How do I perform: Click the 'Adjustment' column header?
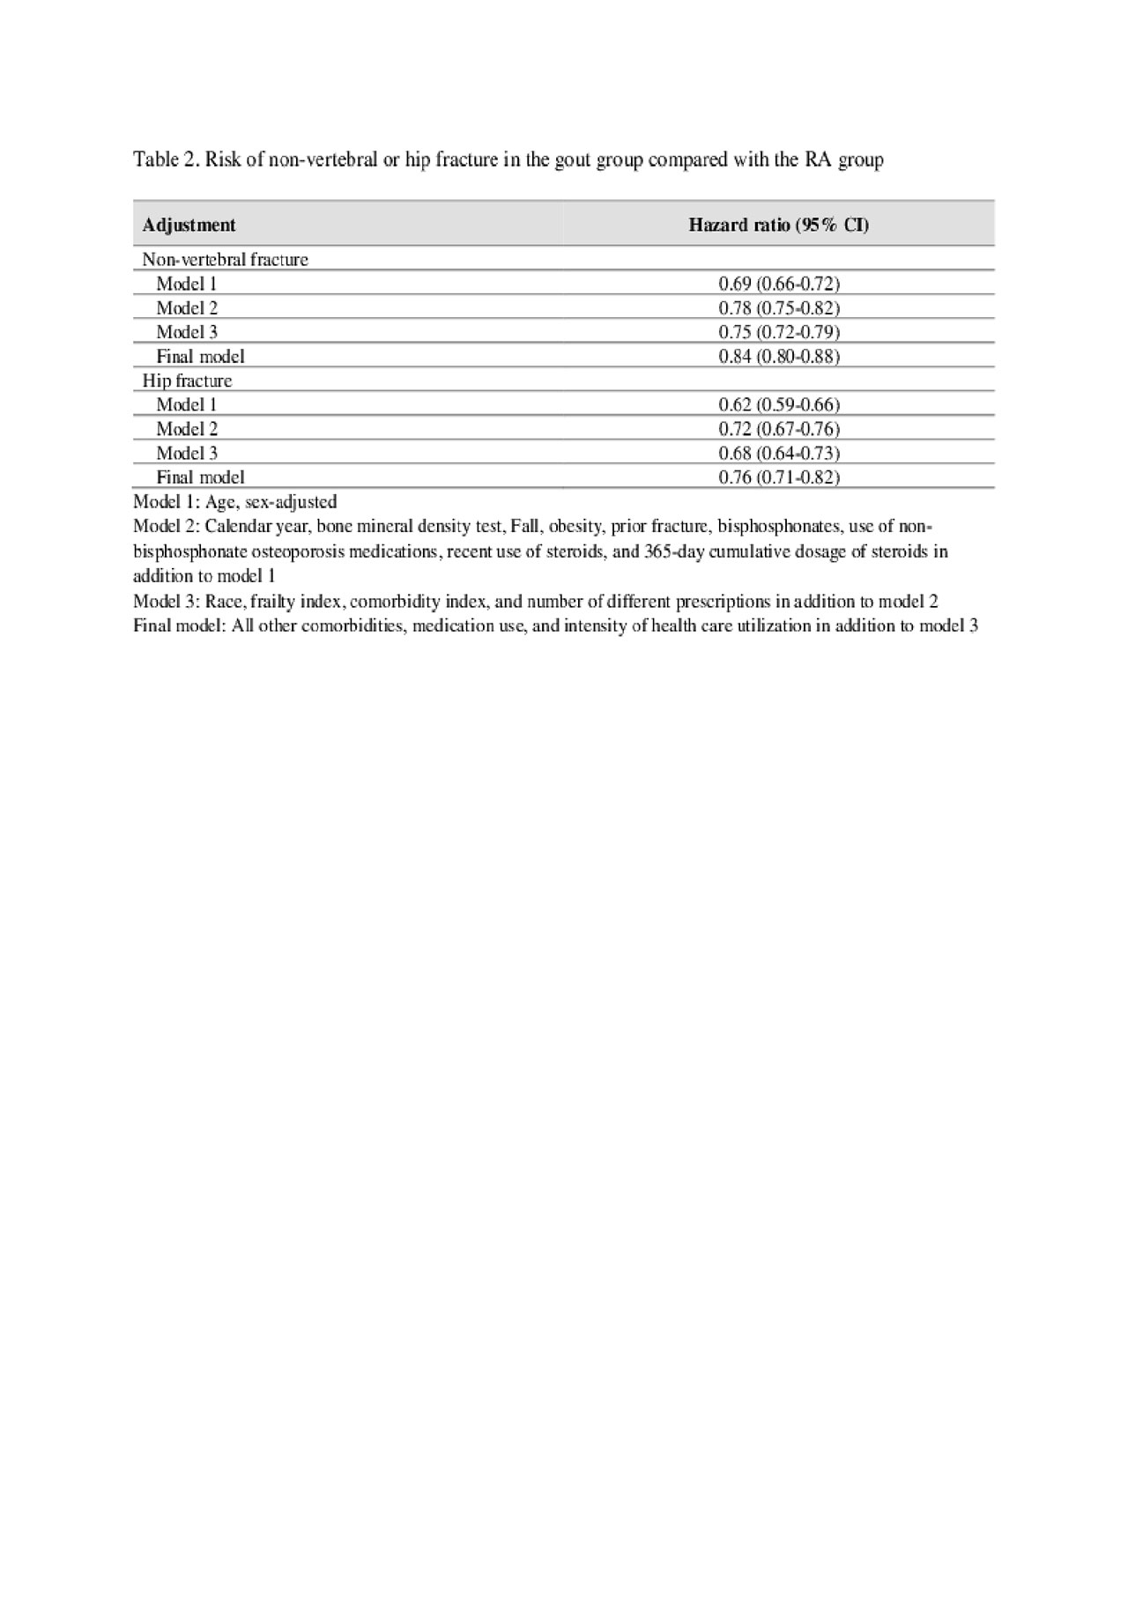coord(189,226)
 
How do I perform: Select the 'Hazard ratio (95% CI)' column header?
coord(778,226)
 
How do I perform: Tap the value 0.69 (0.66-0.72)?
coord(779,284)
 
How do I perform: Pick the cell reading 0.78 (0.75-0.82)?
coord(779,308)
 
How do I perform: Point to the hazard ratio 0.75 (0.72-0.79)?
coord(779,332)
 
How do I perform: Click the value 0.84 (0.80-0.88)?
coord(779,357)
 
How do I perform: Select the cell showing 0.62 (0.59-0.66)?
coord(779,405)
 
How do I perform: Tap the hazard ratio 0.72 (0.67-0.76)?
coord(779,429)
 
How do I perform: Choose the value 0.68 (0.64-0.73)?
coord(779,453)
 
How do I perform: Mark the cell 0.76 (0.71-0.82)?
coord(779,477)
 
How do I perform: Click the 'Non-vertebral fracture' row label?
coord(225,260)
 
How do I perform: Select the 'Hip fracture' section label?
coord(187,381)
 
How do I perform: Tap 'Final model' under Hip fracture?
coord(200,477)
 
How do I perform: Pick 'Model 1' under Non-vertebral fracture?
coord(186,284)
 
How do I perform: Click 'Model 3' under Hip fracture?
coord(186,453)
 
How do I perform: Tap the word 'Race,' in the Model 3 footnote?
coord(225,602)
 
